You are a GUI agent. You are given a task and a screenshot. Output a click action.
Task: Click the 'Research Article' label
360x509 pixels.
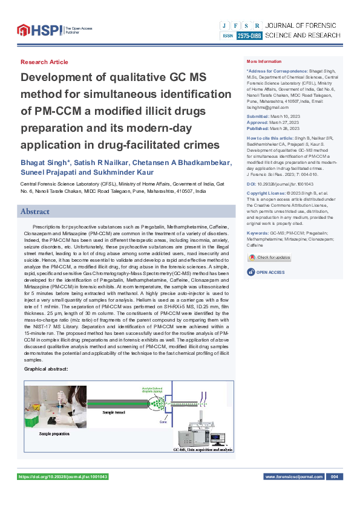tap(44, 62)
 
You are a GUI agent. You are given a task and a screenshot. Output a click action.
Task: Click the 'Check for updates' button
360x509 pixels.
tap(270, 257)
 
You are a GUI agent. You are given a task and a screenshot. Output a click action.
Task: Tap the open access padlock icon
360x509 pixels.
tap(250, 273)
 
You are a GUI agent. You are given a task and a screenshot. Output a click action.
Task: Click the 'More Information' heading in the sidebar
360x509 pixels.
tap(264, 62)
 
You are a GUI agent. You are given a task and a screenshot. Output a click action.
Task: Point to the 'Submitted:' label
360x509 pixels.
tap(258, 115)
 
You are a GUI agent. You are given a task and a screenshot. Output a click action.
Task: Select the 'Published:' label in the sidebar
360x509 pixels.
tap(258, 128)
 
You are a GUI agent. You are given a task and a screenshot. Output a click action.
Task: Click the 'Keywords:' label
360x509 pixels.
tap(258, 233)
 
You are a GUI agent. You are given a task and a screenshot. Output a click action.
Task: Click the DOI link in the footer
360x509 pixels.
tap(64, 477)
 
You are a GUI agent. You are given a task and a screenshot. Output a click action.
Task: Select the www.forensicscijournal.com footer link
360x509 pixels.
tap(293, 477)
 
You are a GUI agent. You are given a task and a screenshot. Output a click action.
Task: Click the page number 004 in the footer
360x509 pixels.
tap(332, 477)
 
